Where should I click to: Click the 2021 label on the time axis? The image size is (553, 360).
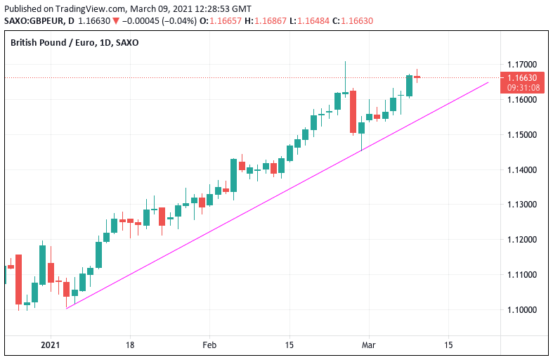pyautogui.click(x=51, y=345)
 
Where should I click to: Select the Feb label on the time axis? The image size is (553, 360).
pyautogui.click(x=209, y=345)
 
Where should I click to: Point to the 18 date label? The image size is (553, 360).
pyautogui.click(x=129, y=345)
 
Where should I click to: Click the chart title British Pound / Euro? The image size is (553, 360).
pyautogui.click(x=49, y=42)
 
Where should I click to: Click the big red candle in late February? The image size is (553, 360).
pyautogui.click(x=353, y=111)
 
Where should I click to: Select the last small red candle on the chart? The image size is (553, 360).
pyautogui.click(x=417, y=77)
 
